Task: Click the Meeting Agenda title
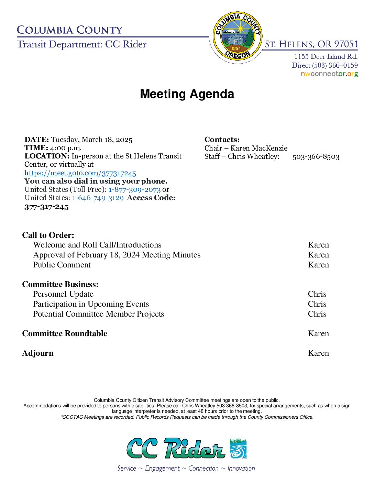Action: [187, 94]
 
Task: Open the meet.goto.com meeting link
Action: [80, 173]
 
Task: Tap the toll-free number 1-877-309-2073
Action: [134, 189]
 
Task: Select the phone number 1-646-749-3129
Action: [98, 198]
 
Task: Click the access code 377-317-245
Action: [46, 207]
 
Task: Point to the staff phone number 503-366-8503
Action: [316, 157]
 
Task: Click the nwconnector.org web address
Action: [329, 74]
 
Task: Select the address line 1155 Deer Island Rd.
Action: [326, 56]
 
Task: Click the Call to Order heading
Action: [48, 235]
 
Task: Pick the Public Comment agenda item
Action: [62, 265]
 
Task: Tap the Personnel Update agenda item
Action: [63, 294]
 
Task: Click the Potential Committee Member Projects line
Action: [98, 314]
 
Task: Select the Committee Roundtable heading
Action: [65, 333]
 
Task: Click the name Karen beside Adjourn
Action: [318, 353]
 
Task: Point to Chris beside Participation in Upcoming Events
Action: [317, 304]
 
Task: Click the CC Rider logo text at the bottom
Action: [176, 448]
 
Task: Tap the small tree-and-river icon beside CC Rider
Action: [238, 448]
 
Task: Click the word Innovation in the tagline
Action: [241, 468]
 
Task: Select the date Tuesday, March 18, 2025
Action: [91, 140]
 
